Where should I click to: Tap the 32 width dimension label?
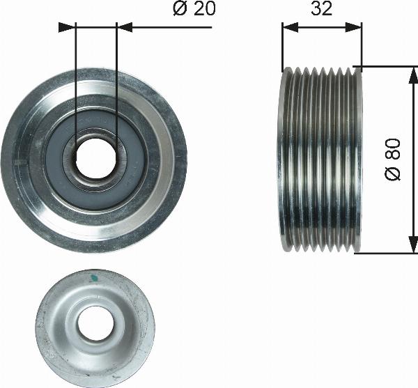coord(322,9)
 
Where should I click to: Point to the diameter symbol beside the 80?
coord(394,173)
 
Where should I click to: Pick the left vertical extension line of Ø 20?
coord(74,84)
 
